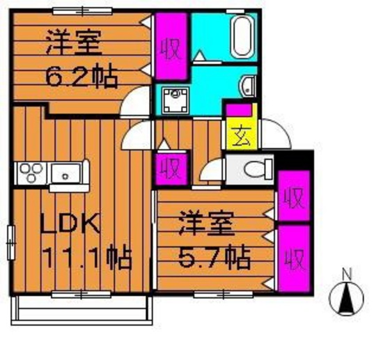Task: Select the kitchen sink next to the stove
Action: point(67,171)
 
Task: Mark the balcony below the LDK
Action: point(84,306)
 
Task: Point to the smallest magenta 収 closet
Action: point(171,169)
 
